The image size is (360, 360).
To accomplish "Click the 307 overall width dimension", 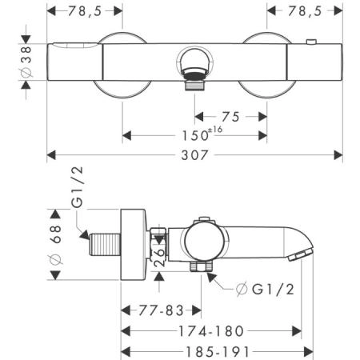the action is pos(194,155).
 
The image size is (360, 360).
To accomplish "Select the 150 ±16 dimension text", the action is pos(202,134).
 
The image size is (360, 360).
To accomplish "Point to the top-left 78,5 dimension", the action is pos(85,11).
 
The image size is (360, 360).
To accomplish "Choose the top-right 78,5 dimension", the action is pos(305,11).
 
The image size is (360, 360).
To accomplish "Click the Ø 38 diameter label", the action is pos(26,62).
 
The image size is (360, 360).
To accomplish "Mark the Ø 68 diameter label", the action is pos(55,245).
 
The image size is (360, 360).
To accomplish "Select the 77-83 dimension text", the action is pos(161,310).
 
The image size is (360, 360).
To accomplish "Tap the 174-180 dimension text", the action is pos(211,331).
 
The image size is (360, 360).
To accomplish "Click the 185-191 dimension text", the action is pos(218,352).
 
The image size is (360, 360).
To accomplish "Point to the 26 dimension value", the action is pos(159,257).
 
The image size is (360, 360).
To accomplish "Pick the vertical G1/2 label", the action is pos(78,187).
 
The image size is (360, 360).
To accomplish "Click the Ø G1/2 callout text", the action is pos(266,289).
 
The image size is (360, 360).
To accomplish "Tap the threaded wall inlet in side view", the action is pos(105,245).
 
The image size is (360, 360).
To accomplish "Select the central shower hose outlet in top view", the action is pos(194,69).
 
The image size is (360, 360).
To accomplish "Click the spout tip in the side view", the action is pos(300,254).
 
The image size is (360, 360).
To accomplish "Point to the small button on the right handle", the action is pos(311,42).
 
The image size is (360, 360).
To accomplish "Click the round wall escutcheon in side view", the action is pos(134,245).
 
